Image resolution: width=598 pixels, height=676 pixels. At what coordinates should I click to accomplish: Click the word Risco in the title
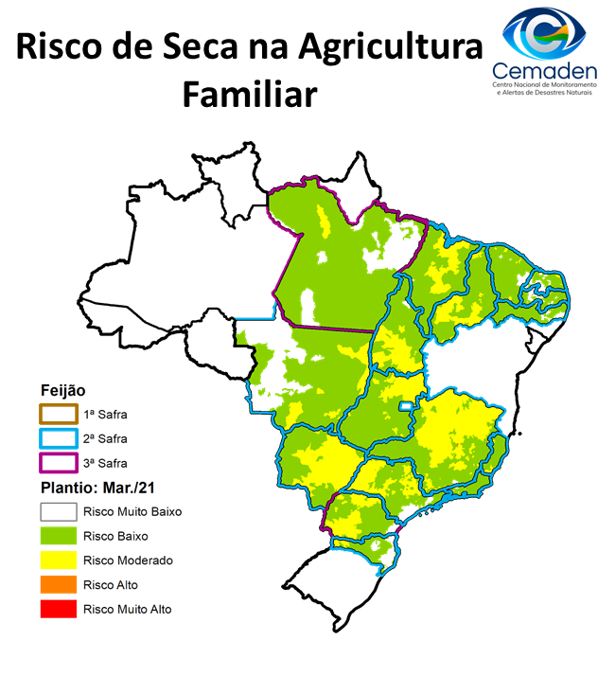pyautogui.click(x=63, y=47)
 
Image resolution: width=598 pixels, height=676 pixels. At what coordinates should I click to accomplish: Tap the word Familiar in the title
pyautogui.click(x=248, y=95)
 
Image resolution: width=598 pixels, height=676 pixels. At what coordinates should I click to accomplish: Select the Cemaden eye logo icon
pyautogui.click(x=544, y=34)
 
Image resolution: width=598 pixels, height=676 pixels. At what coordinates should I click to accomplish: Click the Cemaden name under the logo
pyautogui.click(x=544, y=72)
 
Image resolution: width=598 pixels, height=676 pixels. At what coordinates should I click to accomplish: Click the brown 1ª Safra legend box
pyautogui.click(x=57, y=415)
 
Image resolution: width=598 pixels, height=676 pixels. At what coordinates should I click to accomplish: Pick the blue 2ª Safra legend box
pyautogui.click(x=57, y=439)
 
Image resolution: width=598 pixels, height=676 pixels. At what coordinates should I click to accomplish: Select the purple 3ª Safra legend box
pyautogui.click(x=57, y=463)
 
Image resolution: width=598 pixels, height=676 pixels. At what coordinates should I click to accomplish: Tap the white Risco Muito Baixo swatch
pyautogui.click(x=57, y=511)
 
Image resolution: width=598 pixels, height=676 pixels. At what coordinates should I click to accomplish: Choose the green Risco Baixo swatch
pyautogui.click(x=57, y=536)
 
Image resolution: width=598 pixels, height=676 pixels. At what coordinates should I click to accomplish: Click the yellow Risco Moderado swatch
pyautogui.click(x=57, y=560)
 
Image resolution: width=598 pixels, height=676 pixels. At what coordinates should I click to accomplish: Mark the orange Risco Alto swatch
pyautogui.click(x=57, y=585)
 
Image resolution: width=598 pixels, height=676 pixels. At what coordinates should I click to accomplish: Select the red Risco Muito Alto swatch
pyautogui.click(x=57, y=609)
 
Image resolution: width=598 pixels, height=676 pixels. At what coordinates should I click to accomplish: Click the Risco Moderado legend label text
pyautogui.click(x=128, y=560)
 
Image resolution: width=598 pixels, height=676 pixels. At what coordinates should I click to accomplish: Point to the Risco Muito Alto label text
pyautogui.click(x=128, y=609)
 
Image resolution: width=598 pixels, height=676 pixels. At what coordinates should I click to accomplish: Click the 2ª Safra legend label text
pyautogui.click(x=105, y=439)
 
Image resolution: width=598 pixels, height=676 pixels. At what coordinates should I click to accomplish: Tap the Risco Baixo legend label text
pyautogui.click(x=115, y=536)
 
